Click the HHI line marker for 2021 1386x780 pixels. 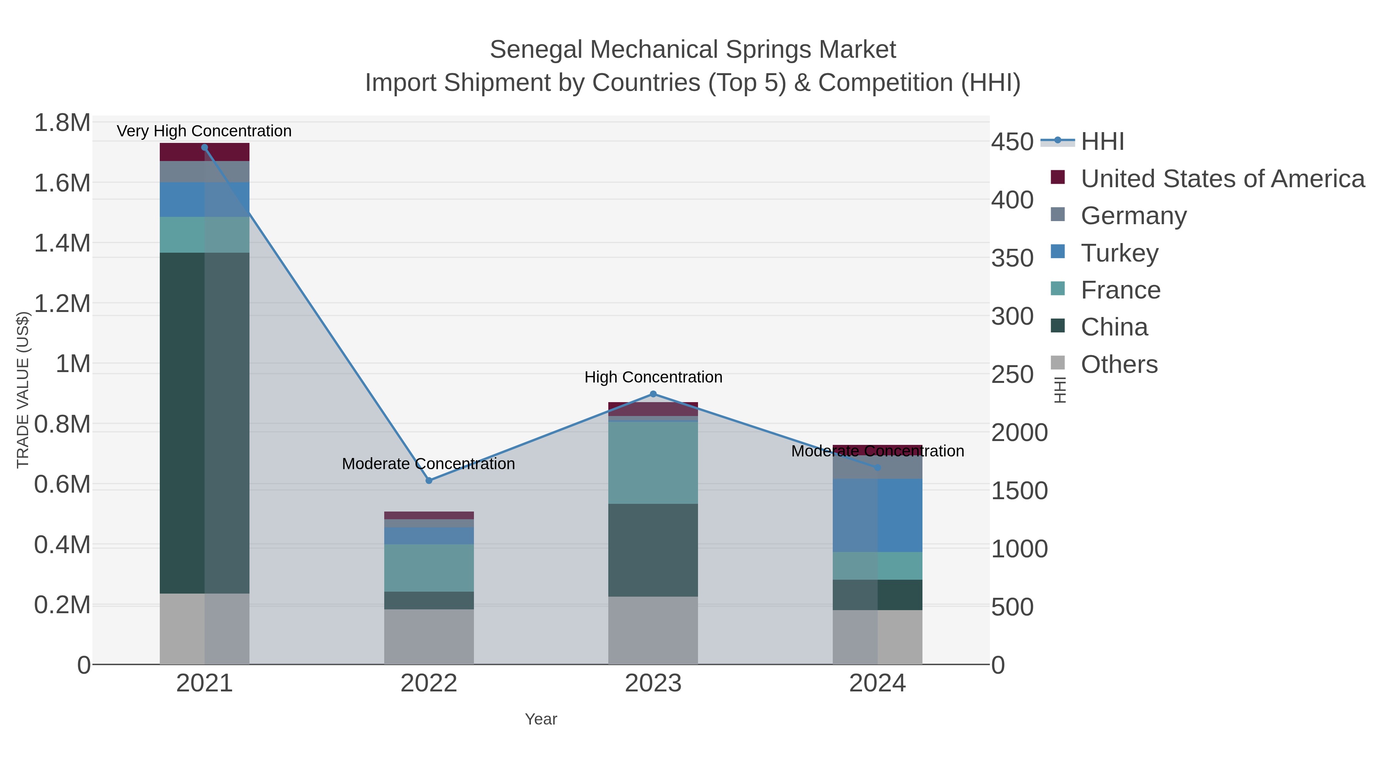tap(204, 148)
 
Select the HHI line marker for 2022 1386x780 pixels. tap(429, 481)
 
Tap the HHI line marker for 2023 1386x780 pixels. tap(653, 394)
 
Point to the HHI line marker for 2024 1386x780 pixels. tap(877, 468)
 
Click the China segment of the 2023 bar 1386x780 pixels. tap(653, 550)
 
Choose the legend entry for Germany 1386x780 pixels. tap(1133, 216)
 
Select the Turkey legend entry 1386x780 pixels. tap(1119, 253)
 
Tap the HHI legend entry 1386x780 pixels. tap(1102, 142)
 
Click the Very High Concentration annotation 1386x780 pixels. tap(204, 131)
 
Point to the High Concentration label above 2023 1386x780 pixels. tap(653, 377)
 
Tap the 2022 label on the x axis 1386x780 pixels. tap(429, 684)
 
